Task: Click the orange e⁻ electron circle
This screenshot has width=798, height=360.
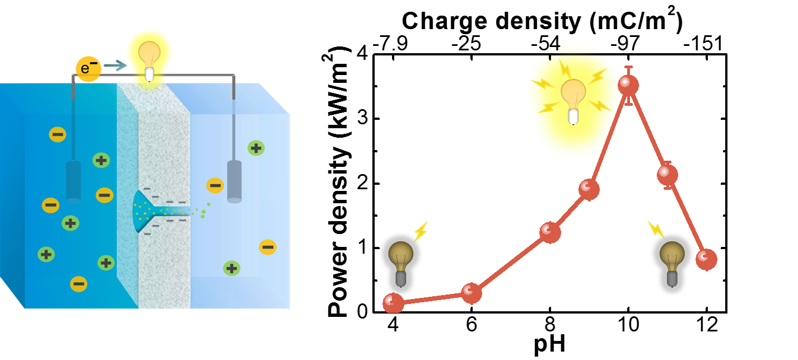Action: click(x=88, y=69)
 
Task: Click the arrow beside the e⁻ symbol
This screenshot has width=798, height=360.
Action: click(x=115, y=66)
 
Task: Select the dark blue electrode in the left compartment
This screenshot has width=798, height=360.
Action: click(x=73, y=181)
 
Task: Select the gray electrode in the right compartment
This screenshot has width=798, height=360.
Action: click(x=234, y=181)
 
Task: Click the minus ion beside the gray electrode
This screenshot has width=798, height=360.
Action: click(x=215, y=185)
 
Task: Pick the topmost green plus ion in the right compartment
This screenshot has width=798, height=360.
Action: click(x=256, y=148)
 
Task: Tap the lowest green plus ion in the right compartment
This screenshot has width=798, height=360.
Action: click(x=232, y=268)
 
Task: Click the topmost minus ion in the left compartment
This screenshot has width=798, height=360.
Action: click(x=58, y=134)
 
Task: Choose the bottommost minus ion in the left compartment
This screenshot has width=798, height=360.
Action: click(x=78, y=284)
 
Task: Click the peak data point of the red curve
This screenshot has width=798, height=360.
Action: click(x=628, y=85)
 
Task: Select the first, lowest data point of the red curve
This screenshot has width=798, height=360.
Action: click(x=393, y=303)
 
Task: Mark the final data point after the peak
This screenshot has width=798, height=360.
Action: click(x=707, y=259)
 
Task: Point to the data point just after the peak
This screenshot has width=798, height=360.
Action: click(x=668, y=175)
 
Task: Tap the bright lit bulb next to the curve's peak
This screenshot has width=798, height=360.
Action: click(x=573, y=98)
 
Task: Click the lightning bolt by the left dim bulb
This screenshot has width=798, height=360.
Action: click(x=421, y=231)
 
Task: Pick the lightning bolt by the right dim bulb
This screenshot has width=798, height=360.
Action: click(x=655, y=229)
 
